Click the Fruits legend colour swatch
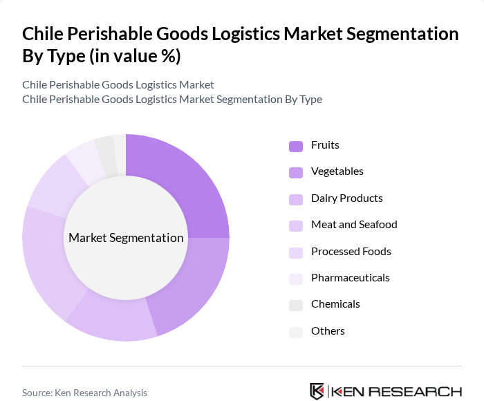click(x=296, y=146)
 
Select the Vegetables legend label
click(x=337, y=171)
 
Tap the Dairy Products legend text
click(x=346, y=198)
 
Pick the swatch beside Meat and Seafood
click(x=296, y=225)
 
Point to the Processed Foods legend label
click(x=351, y=252)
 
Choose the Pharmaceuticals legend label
click(x=350, y=278)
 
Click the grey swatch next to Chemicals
click(x=296, y=305)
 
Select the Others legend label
click(x=328, y=331)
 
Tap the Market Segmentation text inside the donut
click(x=126, y=238)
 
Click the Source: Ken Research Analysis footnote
click(x=84, y=393)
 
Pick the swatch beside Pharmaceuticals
click(x=296, y=279)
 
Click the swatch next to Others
click(x=296, y=332)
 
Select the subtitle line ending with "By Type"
click(x=171, y=99)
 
